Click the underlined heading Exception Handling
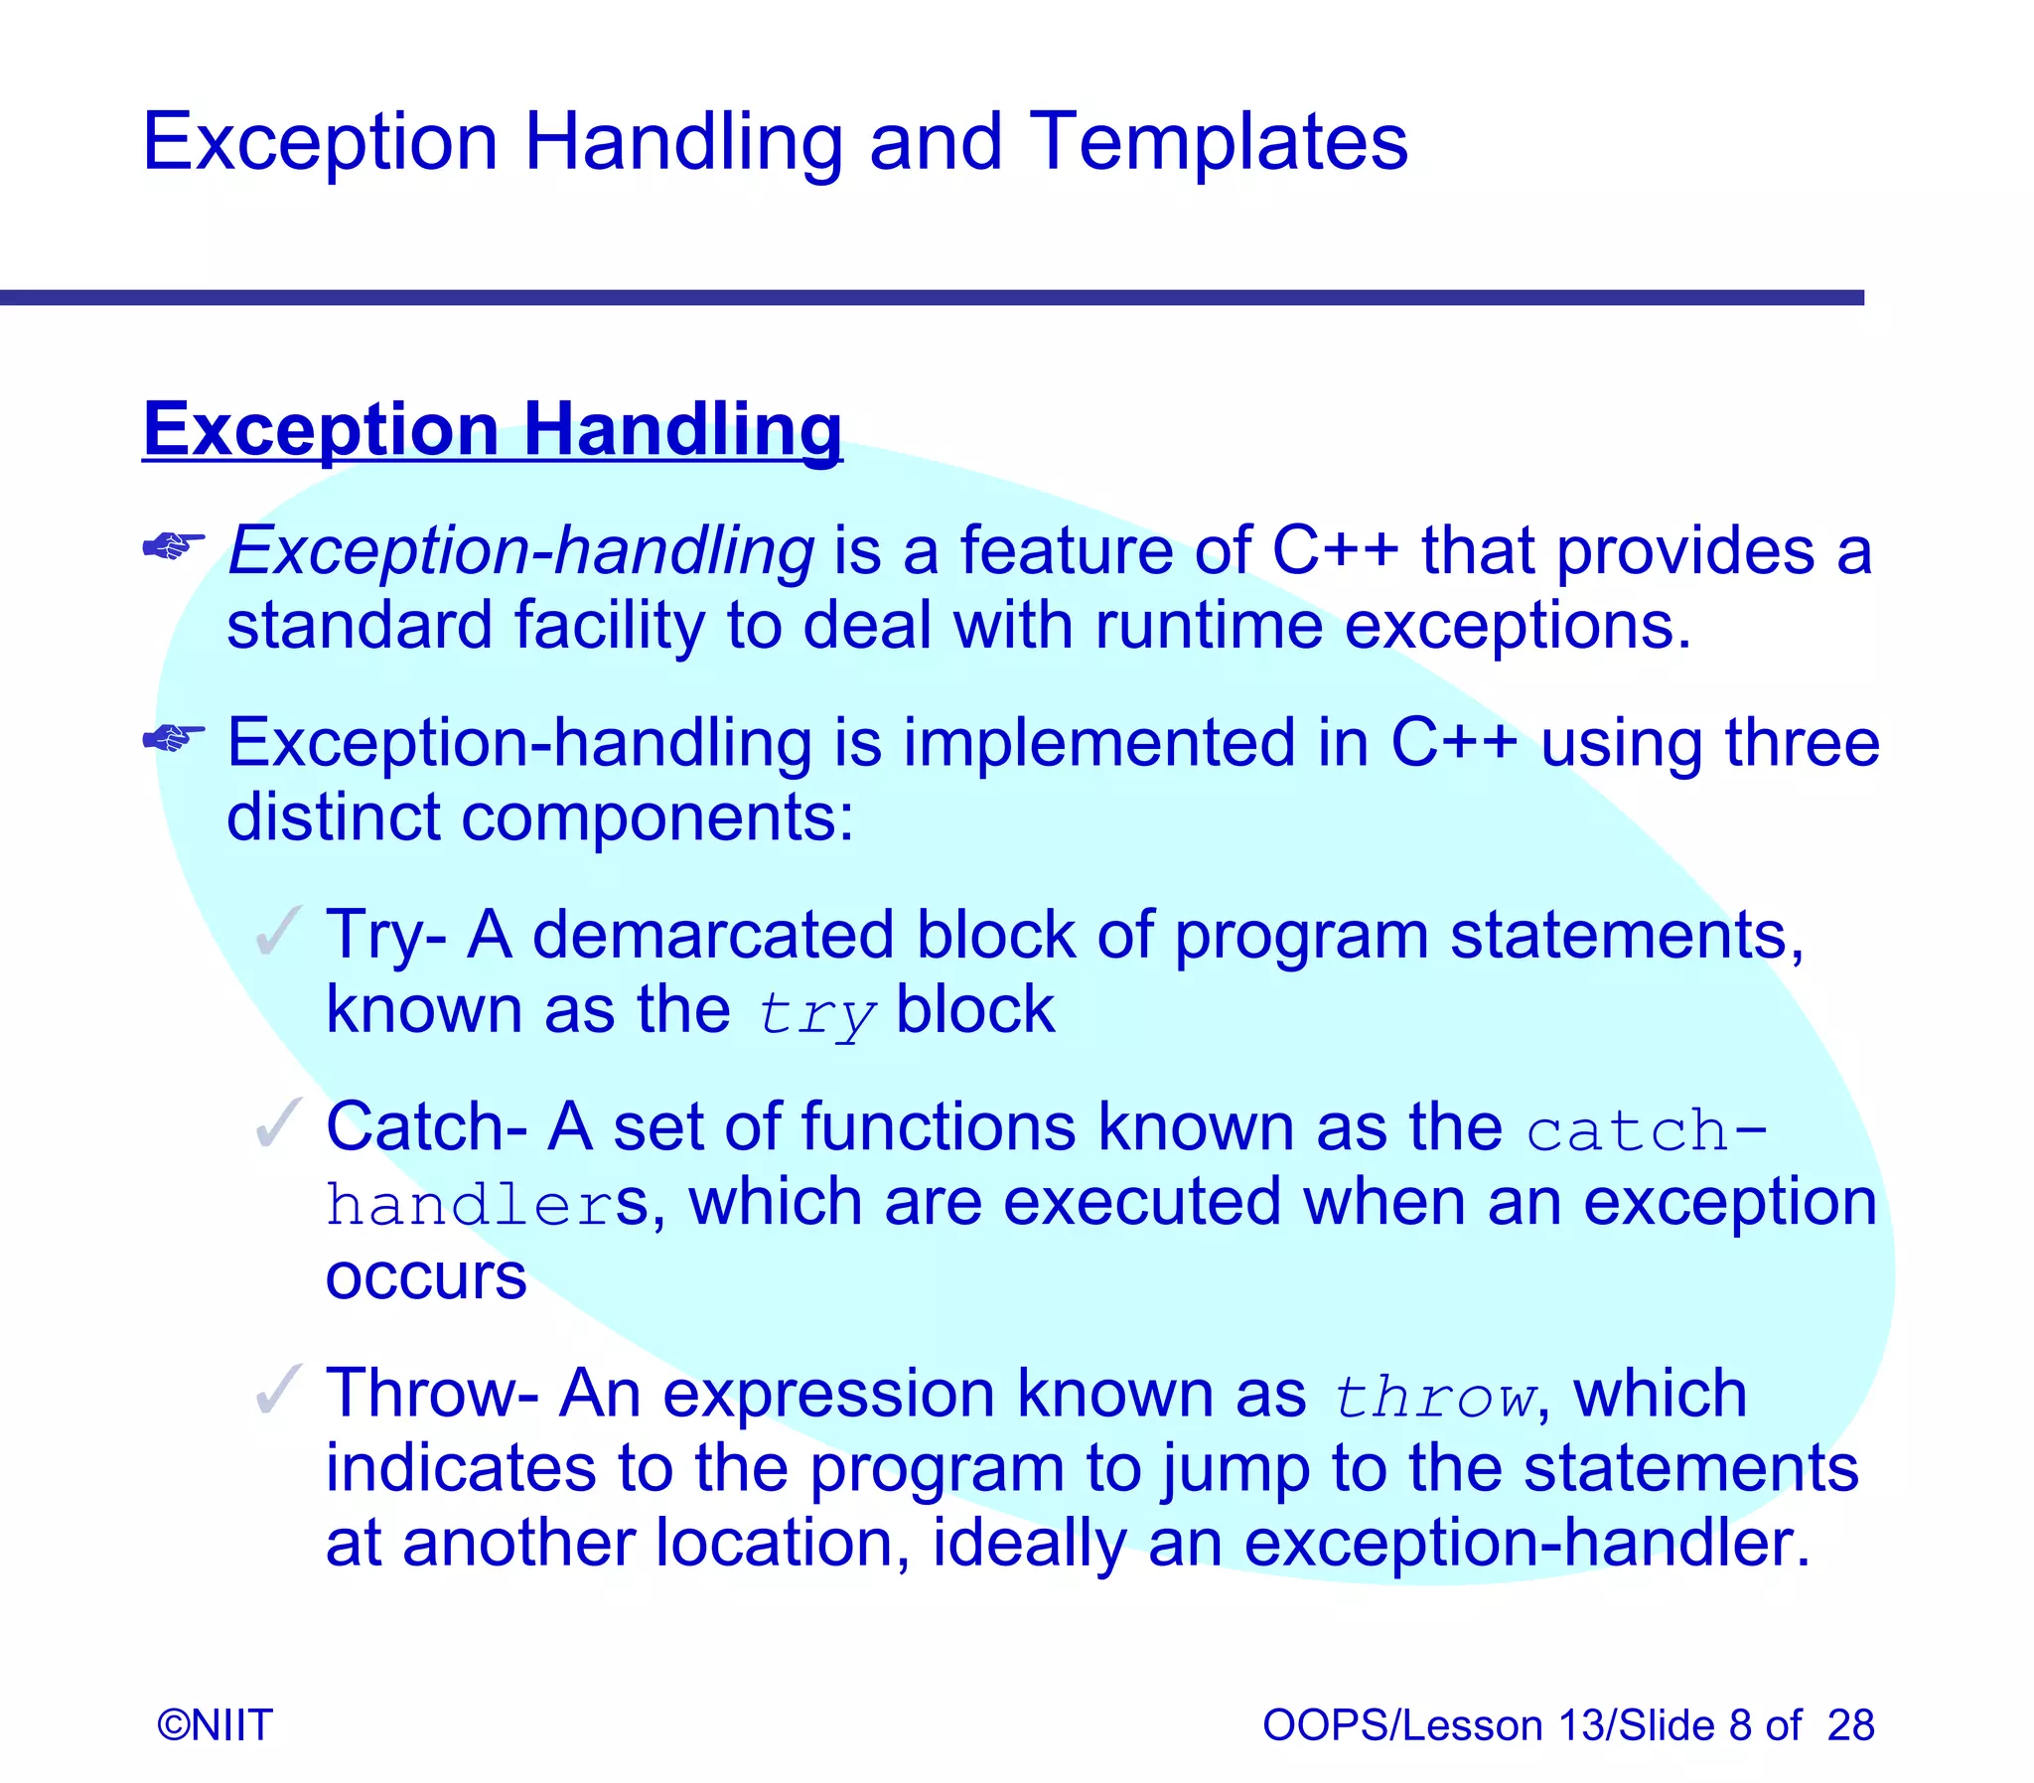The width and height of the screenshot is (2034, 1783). coord(493,429)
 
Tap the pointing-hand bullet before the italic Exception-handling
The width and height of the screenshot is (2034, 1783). coord(173,545)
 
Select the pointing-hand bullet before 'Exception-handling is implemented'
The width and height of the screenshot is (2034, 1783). coord(173,737)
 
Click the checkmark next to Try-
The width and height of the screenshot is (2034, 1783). coord(277,932)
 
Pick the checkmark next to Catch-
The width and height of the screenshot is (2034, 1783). coord(277,1123)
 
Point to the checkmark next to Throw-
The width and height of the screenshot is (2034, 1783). coord(277,1389)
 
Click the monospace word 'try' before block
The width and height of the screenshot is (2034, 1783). coord(815,1015)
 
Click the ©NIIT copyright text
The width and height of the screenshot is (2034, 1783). coord(215,1724)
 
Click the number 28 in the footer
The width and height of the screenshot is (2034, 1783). coord(1850,1724)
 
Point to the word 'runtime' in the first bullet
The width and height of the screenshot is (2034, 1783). coord(1209,626)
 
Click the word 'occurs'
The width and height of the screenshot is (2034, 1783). coord(426,1277)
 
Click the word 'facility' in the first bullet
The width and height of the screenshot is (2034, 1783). coord(609,626)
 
